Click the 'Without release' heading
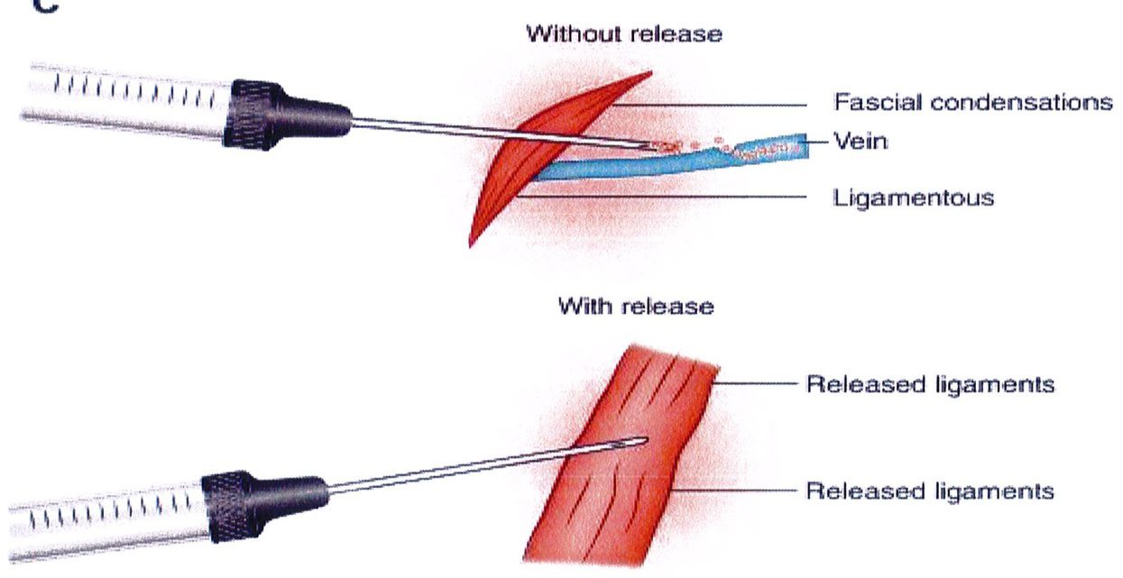coord(624,35)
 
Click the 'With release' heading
coord(636,307)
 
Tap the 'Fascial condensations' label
coord(972,102)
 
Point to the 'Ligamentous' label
coord(913,197)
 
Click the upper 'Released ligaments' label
coord(930,384)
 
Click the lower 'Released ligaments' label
coord(930,491)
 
